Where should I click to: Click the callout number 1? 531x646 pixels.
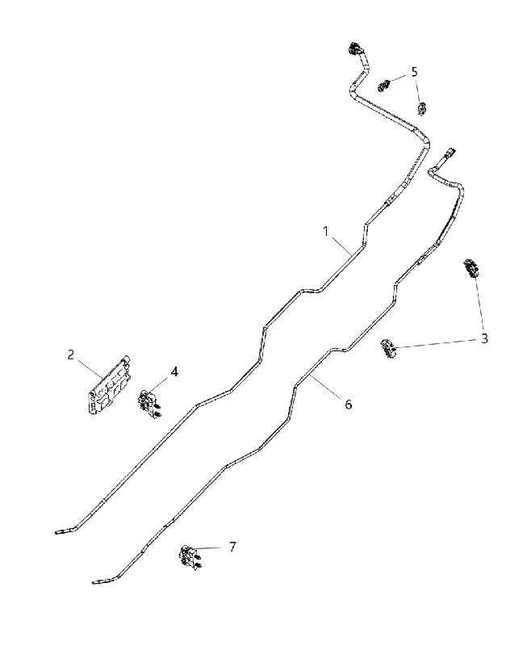tap(325, 232)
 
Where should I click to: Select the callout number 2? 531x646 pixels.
tap(71, 354)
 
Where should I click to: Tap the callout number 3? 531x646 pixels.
tap(484, 338)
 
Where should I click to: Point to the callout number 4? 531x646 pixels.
tap(174, 372)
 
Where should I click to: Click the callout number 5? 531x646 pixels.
tap(414, 72)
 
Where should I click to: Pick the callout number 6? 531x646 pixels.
tap(349, 405)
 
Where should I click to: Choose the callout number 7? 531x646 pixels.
tap(232, 547)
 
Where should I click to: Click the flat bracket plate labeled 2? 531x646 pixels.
tap(110, 384)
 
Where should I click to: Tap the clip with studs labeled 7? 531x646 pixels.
tap(190, 557)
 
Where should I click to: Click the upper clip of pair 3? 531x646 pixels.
tap(471, 268)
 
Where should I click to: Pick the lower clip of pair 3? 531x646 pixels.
tap(388, 348)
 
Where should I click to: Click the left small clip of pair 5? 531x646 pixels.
tap(383, 86)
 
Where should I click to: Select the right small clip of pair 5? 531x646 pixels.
tap(422, 109)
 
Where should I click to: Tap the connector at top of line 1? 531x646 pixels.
tap(355, 50)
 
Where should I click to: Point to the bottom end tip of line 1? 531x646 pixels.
tap(56, 533)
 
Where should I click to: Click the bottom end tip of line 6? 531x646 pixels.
tap(94, 583)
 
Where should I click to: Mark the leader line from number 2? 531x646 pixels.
tap(90, 368)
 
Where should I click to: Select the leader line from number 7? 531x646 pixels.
tap(211, 547)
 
